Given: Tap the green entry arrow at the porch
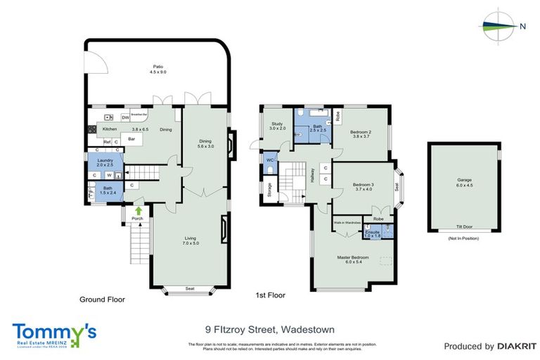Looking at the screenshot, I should (139, 209).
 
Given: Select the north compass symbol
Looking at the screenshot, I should (501, 26).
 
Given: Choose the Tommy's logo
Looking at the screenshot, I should (52, 335).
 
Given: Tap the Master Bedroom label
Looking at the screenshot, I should (352, 259).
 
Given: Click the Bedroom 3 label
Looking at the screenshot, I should (366, 187).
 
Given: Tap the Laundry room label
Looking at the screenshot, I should (104, 163).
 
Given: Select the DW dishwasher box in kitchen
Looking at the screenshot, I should (125, 117).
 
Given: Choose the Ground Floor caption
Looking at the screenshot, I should (103, 299).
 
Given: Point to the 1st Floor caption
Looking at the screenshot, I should (270, 295).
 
